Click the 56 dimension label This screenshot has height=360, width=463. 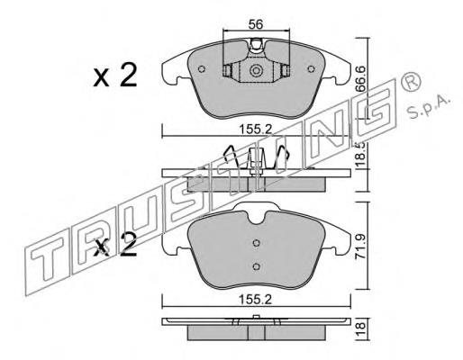click(256, 24)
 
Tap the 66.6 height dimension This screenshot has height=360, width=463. click(360, 79)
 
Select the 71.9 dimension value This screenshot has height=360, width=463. click(360, 247)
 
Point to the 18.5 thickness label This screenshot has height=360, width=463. click(360, 154)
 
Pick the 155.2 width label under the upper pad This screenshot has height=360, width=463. click(255, 130)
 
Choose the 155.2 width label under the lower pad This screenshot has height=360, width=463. click(255, 299)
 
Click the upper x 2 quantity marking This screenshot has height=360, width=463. click(115, 75)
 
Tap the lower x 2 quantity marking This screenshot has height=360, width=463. click(115, 245)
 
